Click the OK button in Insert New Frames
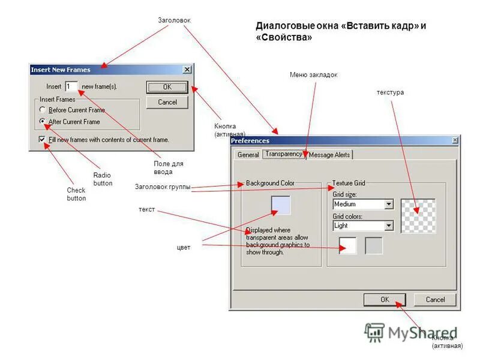[167, 86]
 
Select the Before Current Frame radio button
[42, 110]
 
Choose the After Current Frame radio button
[42, 121]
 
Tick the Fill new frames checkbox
[42, 139]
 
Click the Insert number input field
[71, 86]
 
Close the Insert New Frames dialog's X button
[187, 70]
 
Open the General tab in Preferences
[248, 154]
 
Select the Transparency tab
[284, 154]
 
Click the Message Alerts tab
[329, 154]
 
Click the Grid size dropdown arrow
[389, 204]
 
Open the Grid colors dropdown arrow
[389, 226]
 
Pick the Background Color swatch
[281, 205]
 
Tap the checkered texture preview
[418, 215]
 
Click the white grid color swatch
[347, 245]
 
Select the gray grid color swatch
[374, 245]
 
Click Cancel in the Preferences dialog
[435, 299]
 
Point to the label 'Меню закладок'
[313, 75]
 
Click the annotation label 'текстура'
[390, 92]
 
